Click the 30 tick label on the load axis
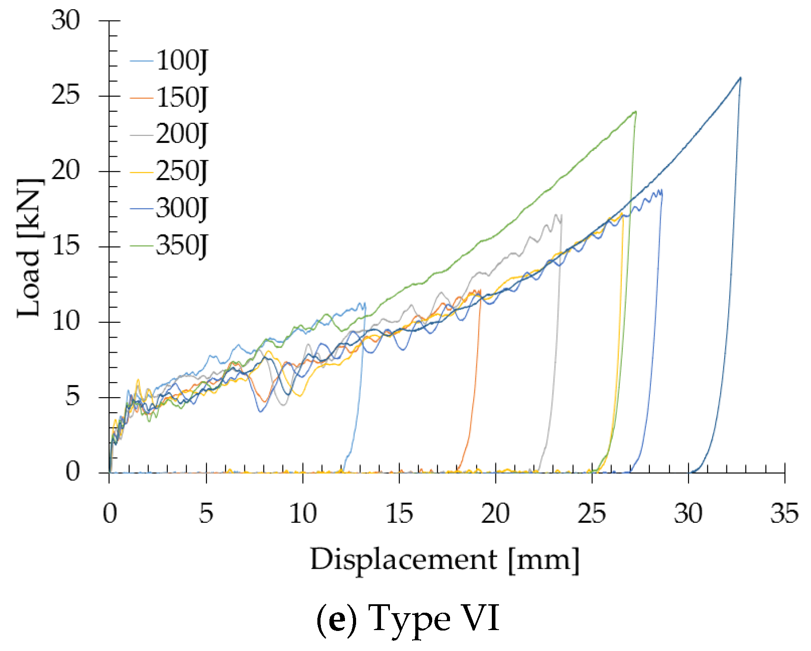pyautogui.click(x=65, y=20)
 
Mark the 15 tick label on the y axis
pyautogui.click(x=65, y=246)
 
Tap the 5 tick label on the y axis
pyautogui.click(x=73, y=397)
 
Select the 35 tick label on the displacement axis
pyautogui.click(x=784, y=513)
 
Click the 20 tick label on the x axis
pyautogui.click(x=495, y=513)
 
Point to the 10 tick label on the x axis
pyautogui.click(x=302, y=513)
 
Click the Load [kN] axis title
pyautogui.click(x=30, y=248)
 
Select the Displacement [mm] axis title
pyautogui.click(x=445, y=559)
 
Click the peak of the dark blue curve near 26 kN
pyautogui.click(x=740, y=78)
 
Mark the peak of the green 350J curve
pyautogui.click(x=635, y=111)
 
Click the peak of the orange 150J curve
pyautogui.click(x=479, y=290)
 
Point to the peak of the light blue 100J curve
pyautogui.click(x=364, y=303)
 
